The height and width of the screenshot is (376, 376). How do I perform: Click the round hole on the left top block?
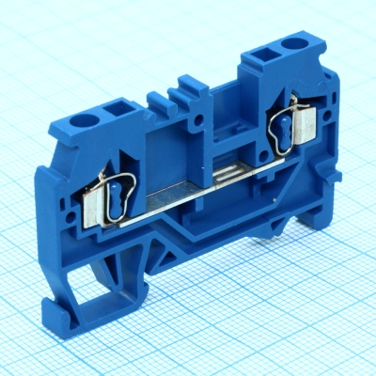94,119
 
